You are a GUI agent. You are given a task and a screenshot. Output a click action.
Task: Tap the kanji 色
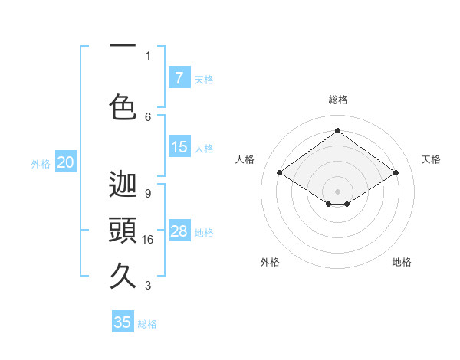tap(123, 106)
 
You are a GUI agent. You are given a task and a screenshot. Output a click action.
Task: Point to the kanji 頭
tap(123, 230)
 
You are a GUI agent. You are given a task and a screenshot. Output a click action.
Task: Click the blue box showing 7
tap(179, 78)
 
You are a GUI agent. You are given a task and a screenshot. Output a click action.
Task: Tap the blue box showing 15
tap(179, 147)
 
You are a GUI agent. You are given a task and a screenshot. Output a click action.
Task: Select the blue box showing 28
tap(179, 231)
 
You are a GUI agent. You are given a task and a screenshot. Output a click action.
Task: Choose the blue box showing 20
tap(65, 162)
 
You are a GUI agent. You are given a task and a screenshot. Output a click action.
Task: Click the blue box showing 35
tap(123, 322)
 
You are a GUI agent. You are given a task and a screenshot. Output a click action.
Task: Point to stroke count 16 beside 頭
tap(149, 240)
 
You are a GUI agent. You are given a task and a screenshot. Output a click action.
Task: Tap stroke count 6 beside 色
tap(148, 116)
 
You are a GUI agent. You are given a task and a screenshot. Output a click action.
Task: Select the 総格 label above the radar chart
tap(337, 100)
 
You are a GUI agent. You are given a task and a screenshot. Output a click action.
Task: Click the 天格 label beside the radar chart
tap(431, 159)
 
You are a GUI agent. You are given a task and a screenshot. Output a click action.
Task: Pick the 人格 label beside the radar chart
tap(245, 159)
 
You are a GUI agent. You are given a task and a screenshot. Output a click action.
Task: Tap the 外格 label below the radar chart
tap(270, 262)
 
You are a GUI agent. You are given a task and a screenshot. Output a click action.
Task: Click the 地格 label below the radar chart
tap(402, 262)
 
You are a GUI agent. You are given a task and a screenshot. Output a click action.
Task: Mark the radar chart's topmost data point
tap(337, 131)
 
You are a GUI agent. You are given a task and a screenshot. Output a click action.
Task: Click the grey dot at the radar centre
tap(337, 190)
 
